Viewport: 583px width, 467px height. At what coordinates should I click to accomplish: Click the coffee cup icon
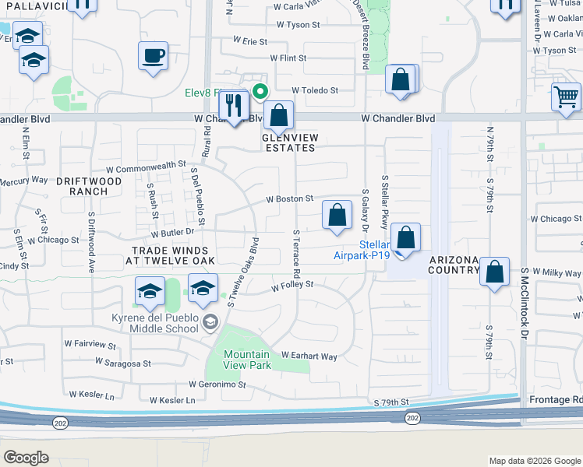[x=153, y=56]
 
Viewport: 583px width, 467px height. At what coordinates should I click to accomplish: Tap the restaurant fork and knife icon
[x=233, y=104]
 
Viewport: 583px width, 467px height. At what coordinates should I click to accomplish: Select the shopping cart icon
[x=565, y=97]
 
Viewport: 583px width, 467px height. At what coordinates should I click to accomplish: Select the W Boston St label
[x=289, y=199]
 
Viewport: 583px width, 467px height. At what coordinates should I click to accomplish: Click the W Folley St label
[x=291, y=286]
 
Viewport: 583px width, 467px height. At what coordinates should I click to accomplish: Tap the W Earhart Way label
[x=309, y=356]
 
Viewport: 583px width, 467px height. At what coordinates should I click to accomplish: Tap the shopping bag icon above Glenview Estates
[x=278, y=116]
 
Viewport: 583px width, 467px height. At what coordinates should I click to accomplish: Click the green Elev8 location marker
[x=261, y=90]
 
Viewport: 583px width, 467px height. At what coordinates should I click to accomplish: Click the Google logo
[x=26, y=457]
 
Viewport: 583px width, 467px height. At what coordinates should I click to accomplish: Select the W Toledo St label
[x=315, y=90]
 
